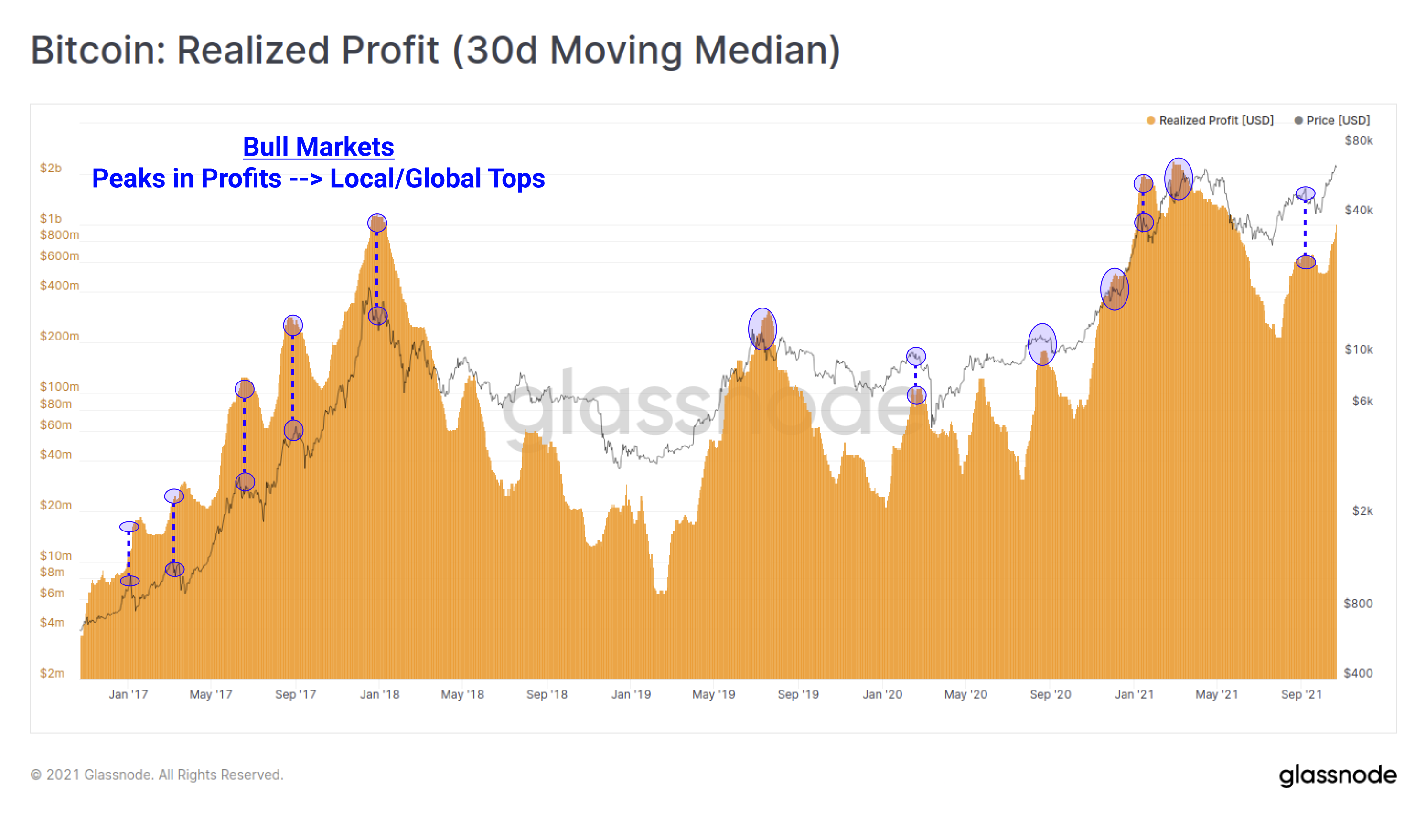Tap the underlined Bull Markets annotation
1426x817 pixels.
318,147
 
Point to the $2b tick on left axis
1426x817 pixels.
51,169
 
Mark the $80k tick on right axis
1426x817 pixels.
1358,140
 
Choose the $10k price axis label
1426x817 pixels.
1358,350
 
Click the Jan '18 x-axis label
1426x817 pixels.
379,694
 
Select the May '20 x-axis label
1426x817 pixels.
965,694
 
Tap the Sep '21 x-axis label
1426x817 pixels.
1301,694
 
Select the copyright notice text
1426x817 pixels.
157,775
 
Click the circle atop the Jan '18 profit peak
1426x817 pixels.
377,223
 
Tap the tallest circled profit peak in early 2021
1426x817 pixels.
1178,179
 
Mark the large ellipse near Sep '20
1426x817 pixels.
1042,345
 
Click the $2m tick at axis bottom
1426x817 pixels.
52,673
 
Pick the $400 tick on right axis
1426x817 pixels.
1358,673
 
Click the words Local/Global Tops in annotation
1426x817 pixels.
437,179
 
